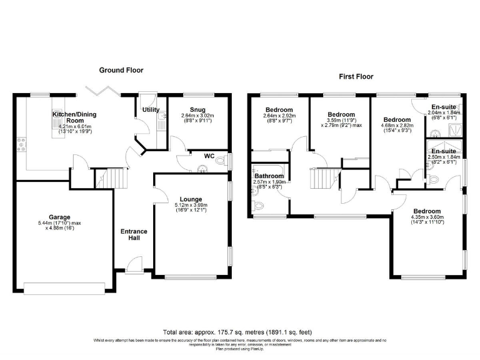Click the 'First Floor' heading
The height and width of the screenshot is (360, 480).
356,77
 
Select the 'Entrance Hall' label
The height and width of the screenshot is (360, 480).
134,236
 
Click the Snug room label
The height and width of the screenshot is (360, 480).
197,109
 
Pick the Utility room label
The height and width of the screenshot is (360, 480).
151,110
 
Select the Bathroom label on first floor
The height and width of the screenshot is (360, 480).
269,177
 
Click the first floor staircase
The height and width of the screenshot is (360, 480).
321,181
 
